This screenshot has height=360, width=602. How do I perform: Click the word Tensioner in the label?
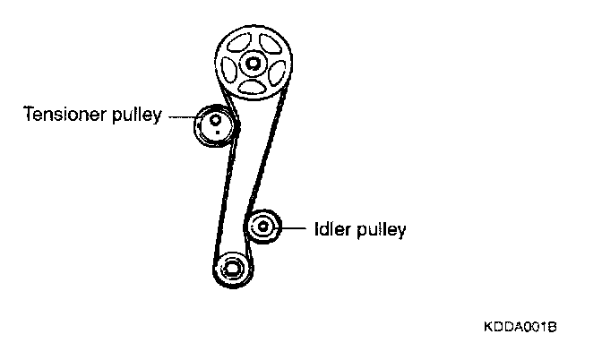[x=62, y=115]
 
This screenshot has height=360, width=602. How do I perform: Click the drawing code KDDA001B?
[x=520, y=328]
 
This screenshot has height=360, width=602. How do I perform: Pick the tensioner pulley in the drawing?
[x=213, y=125]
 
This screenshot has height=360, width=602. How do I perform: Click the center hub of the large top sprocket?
[x=253, y=64]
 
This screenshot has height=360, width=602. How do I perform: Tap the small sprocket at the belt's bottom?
[x=232, y=268]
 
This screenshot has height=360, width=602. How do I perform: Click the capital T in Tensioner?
[x=28, y=115]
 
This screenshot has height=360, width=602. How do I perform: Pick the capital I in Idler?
[x=315, y=228]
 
